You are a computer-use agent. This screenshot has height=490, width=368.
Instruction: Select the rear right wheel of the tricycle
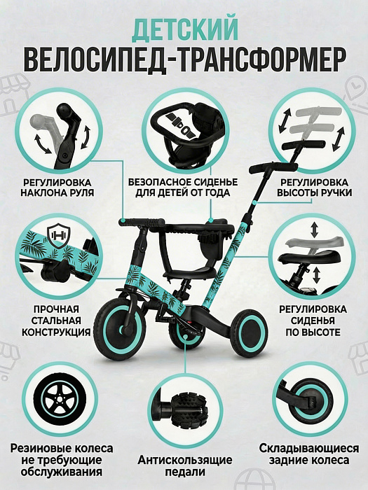coord(249,332)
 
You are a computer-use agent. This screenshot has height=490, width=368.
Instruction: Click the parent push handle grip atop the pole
coord(273,167)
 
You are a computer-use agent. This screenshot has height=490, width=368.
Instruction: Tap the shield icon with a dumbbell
coord(58,235)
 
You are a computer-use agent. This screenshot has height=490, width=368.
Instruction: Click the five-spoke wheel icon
coord(60,399)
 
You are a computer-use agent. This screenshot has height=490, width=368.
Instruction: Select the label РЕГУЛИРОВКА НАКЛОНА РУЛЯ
coord(57,187)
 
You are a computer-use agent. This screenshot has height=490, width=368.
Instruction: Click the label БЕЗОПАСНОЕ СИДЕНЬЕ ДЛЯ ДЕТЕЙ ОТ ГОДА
coord(183,187)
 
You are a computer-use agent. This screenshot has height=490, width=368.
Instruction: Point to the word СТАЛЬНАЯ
coord(56,321)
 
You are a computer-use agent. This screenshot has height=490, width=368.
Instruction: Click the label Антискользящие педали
coord(185,465)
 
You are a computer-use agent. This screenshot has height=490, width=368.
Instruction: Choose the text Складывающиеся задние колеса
coord(309,454)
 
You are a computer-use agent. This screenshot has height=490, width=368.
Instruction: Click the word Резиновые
coord(39,449)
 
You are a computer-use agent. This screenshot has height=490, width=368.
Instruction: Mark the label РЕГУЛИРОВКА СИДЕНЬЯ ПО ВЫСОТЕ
coord(313,321)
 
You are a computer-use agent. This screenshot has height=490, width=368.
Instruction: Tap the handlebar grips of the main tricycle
coord(142,223)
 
